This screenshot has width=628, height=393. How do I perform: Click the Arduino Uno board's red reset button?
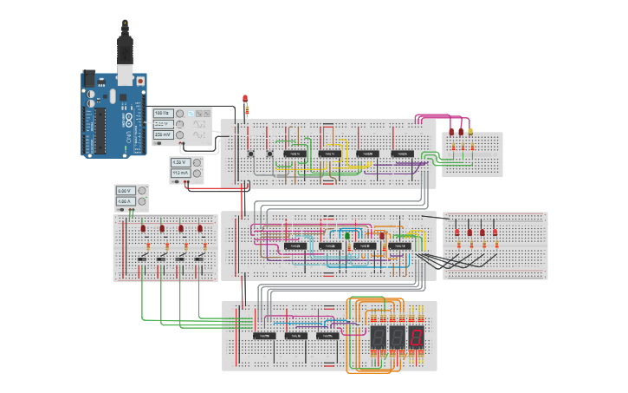coord(141,81)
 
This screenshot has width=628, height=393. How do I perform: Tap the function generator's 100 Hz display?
coord(162,114)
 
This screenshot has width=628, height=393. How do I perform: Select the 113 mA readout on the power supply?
coord(180,174)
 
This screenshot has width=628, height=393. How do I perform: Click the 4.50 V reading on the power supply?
coord(180,162)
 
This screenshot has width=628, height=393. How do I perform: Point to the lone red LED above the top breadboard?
coord(245,98)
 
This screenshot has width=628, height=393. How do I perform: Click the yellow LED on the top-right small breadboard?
coord(470,132)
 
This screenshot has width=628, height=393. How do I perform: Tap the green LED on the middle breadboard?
coord(347,234)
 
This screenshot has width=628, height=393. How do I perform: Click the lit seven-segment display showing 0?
coord(417,337)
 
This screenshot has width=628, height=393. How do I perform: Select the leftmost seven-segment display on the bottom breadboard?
coord(378,337)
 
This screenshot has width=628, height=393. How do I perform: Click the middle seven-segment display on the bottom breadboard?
coord(397,337)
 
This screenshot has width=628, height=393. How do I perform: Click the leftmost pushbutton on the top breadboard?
coord(251,154)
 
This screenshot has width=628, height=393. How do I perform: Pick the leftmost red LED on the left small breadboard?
coord(143,229)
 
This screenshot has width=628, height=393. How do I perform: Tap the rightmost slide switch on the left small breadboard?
coord(199,259)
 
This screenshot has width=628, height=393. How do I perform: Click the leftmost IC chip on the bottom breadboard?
coord(263,335)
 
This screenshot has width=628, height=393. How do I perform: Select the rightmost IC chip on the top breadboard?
coord(401,154)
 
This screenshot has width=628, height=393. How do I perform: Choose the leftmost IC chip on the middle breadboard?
coord(295,246)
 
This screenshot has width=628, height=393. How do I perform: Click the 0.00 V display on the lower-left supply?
coord(124,191)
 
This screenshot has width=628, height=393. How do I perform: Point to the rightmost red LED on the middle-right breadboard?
coord(495,233)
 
